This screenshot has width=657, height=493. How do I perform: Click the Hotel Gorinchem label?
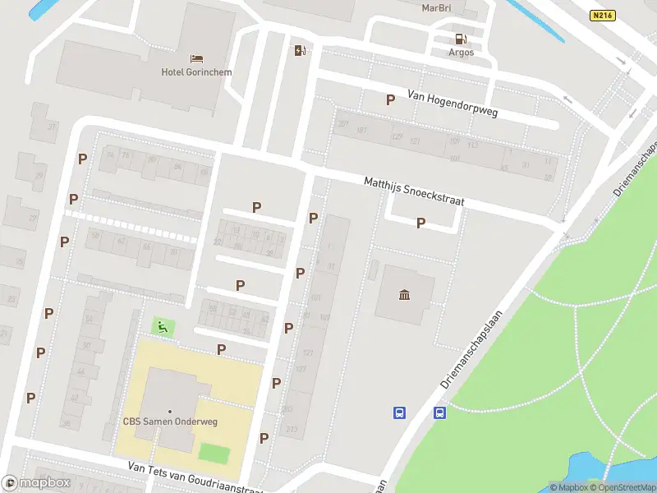(x=196, y=72)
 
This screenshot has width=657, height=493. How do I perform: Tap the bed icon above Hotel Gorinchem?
(x=196, y=58)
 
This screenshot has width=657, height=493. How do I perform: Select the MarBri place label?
(x=436, y=7)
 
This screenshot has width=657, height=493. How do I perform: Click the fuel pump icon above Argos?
(x=461, y=39)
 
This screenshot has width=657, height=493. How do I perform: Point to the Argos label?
(x=461, y=53)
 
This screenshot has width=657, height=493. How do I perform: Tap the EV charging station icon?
(x=300, y=51)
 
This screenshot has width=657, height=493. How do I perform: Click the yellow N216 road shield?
(x=602, y=15)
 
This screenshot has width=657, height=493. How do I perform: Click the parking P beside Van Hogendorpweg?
(x=390, y=99)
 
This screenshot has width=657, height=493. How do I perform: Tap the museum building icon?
(x=404, y=295)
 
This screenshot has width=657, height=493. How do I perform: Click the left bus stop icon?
(x=400, y=412)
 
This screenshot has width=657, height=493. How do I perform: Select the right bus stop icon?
(x=439, y=412)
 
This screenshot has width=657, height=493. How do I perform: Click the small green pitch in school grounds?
(x=214, y=453)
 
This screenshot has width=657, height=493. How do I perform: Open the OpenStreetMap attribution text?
(x=622, y=487)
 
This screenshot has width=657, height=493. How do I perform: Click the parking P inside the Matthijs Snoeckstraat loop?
(x=421, y=223)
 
